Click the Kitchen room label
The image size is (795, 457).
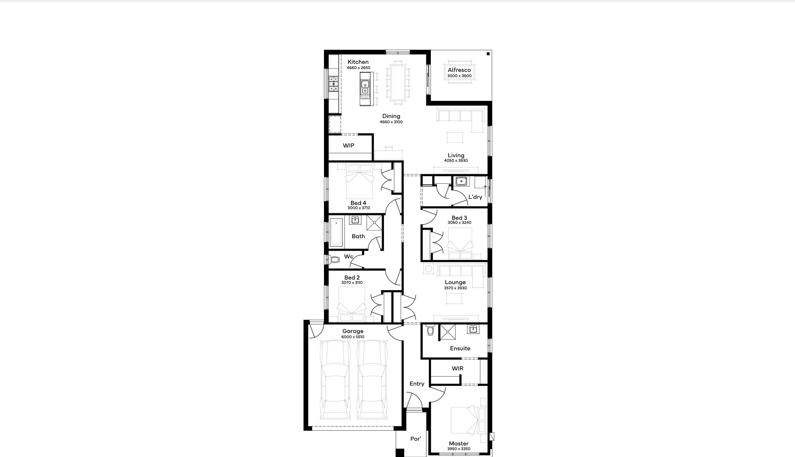pyautogui.click(x=358, y=62)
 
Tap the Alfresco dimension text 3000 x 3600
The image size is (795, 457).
pyautogui.click(x=459, y=76)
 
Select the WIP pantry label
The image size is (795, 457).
pyautogui.click(x=349, y=145)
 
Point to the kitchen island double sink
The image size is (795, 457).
pyautogui.click(x=365, y=88)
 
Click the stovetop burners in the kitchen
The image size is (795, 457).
pyautogui.click(x=333, y=84)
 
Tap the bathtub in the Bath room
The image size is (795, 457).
pyautogui.click(x=336, y=232)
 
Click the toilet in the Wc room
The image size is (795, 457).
pyautogui.click(x=334, y=259)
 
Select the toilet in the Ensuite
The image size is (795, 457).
pyautogui.click(x=430, y=330)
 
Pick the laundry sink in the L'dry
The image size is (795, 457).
pyautogui.click(x=461, y=181)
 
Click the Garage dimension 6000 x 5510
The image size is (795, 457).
pyautogui.click(x=353, y=337)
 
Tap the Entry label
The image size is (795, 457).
pyautogui.click(x=417, y=383)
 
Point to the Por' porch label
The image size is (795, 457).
pyautogui.click(x=415, y=438)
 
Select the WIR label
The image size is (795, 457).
pyautogui.click(x=457, y=368)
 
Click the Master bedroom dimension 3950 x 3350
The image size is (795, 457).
pyautogui.click(x=459, y=449)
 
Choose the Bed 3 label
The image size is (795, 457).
pyautogui.click(x=459, y=217)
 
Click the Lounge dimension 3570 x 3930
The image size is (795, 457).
pyautogui.click(x=455, y=288)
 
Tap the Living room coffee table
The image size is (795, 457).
pyautogui.click(x=455, y=137)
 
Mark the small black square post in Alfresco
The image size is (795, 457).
pyautogui.click(x=488, y=54)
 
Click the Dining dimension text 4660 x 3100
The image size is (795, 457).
pyautogui.click(x=391, y=122)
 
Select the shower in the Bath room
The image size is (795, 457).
pyautogui.click(x=374, y=223)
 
